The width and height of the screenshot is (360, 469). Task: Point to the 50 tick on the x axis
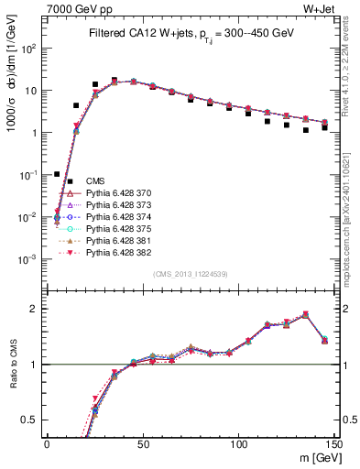(x=142, y=442)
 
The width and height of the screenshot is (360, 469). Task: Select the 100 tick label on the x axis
(x=238, y=442)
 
